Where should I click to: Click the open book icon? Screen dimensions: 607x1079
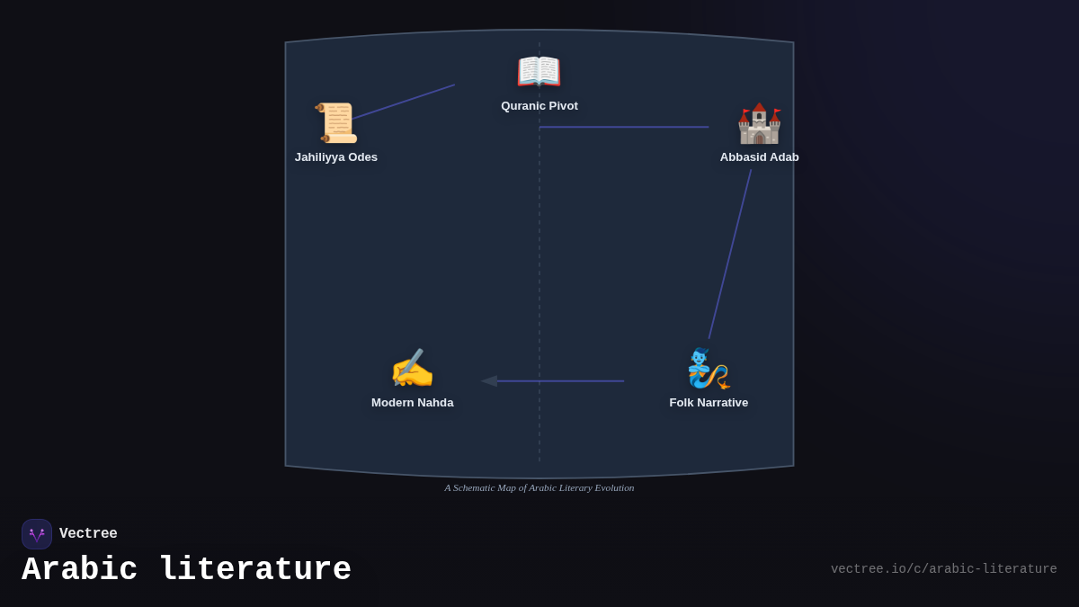coord(539,71)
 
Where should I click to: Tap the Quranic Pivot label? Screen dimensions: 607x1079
coord(539,106)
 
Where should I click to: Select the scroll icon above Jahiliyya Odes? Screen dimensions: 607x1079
coord(336,122)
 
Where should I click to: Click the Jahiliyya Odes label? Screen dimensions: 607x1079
coord(336,157)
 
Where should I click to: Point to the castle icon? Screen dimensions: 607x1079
coord(759,123)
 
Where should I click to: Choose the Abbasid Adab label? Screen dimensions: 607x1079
coord(759,157)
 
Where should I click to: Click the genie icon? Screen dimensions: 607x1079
coord(709,368)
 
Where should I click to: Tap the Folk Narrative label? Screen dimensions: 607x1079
coord(709,403)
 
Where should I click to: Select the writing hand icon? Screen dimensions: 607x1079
coord(412,369)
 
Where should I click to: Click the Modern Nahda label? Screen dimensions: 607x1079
coord(413,403)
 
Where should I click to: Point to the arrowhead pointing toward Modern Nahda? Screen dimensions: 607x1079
coord(489,381)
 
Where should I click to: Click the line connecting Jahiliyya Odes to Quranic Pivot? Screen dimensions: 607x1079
coord(405,101)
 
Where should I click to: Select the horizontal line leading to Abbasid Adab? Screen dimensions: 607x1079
coord(624,127)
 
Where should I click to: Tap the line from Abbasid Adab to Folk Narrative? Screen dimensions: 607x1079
coord(730,254)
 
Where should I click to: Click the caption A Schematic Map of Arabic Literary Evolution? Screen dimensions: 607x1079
coord(539,487)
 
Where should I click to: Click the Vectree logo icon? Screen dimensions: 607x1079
coord(37,534)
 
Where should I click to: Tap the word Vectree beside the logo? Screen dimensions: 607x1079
coord(88,534)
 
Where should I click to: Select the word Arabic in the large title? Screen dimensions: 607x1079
coord(80,570)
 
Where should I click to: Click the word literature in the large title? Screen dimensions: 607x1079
coord(255,570)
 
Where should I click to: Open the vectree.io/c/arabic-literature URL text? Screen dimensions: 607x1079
coord(943,569)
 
